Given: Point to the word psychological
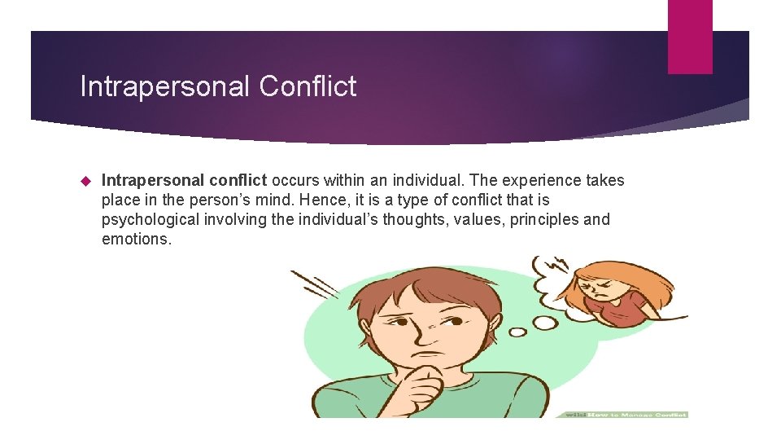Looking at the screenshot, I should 151,219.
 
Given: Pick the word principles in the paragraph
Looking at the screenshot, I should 544,219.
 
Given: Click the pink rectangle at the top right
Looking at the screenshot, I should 690,36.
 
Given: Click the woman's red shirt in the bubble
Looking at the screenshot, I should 627,308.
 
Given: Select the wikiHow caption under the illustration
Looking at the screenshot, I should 622,415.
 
